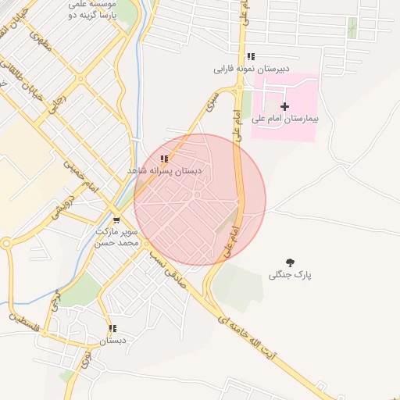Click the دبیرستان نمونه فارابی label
(252, 69)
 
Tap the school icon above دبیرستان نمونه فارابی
(251, 56)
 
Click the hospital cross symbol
(284, 106)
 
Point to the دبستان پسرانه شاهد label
(164, 170)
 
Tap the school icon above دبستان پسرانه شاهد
(163, 159)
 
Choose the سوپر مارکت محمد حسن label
(116, 237)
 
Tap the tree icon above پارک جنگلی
(291, 262)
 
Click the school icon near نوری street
(112, 329)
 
